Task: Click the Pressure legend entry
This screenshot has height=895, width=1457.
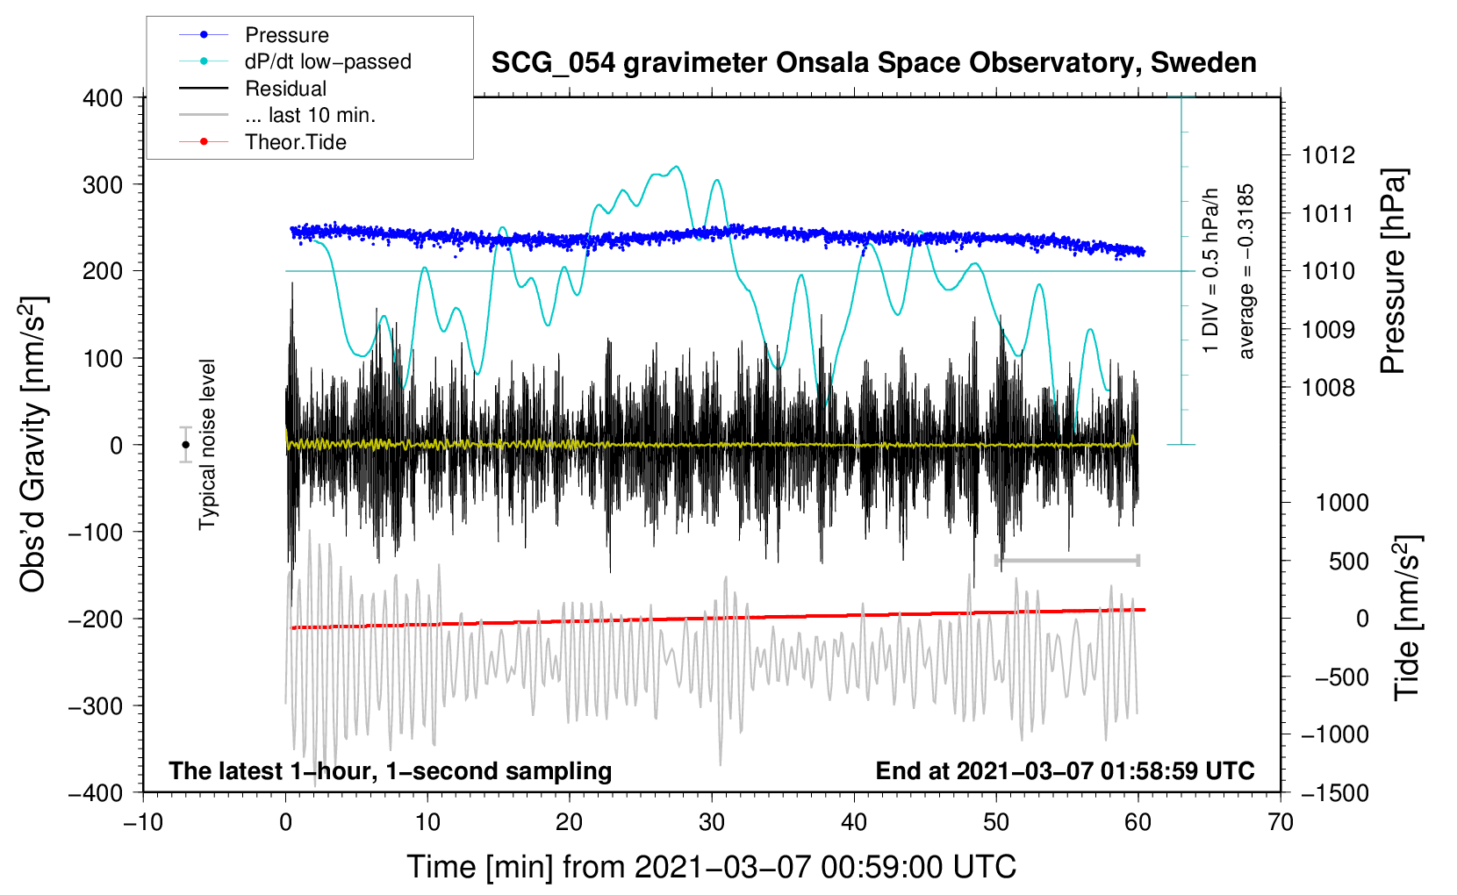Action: click(x=286, y=35)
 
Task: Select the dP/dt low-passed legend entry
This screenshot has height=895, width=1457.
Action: click(x=327, y=61)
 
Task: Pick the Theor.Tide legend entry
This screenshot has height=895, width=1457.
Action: click(x=295, y=142)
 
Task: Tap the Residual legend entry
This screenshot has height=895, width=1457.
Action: click(x=285, y=89)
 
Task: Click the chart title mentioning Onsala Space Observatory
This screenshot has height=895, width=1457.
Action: click(x=873, y=63)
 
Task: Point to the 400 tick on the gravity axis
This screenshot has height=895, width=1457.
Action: click(x=103, y=98)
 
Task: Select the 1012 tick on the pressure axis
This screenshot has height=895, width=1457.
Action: click(x=1328, y=155)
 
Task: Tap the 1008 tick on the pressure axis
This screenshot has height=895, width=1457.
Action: click(x=1328, y=387)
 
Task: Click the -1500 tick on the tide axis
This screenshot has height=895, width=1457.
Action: click(x=1334, y=792)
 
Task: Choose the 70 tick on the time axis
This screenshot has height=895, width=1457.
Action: click(x=1281, y=822)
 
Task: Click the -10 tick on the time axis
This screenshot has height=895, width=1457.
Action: click(x=143, y=822)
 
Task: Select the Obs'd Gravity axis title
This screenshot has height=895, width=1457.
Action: click(x=33, y=444)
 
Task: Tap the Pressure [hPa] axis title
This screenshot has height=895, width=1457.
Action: click(x=1394, y=271)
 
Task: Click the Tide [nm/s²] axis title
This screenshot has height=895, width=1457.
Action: click(x=1407, y=618)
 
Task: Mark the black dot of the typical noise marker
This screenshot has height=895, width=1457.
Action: click(x=185, y=445)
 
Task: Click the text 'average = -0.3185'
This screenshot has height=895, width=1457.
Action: click(x=1246, y=271)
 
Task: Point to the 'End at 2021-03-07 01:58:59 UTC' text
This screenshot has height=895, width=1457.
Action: click(x=1065, y=770)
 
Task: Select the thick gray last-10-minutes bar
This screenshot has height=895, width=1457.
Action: click(x=1066, y=560)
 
